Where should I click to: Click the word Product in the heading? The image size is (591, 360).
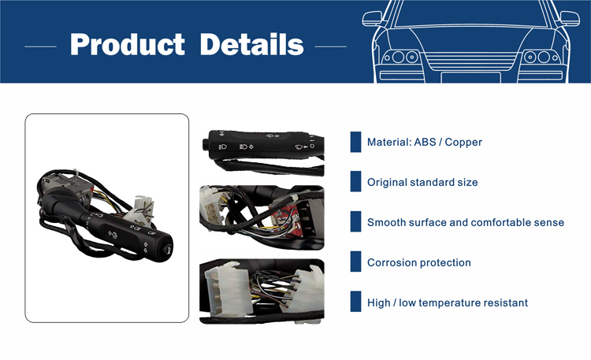point(128,44)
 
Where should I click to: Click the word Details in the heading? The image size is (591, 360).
point(251,44)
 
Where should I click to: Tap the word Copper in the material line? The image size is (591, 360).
point(463,142)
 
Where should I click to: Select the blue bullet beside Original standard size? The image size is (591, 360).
point(355,181)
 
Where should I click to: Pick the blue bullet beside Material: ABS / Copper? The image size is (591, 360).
point(355,142)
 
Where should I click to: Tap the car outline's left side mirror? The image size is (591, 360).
point(372,18)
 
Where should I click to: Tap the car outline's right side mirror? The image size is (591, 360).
point(570,18)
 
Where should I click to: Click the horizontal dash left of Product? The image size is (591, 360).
point(40,46)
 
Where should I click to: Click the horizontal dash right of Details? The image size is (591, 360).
point(330,46)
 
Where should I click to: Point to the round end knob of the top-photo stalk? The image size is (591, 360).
point(206,144)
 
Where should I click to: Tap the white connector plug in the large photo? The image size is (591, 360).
point(140,210)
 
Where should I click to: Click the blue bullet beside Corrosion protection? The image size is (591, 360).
point(355,262)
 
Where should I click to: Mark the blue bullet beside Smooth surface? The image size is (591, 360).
point(355,221)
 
